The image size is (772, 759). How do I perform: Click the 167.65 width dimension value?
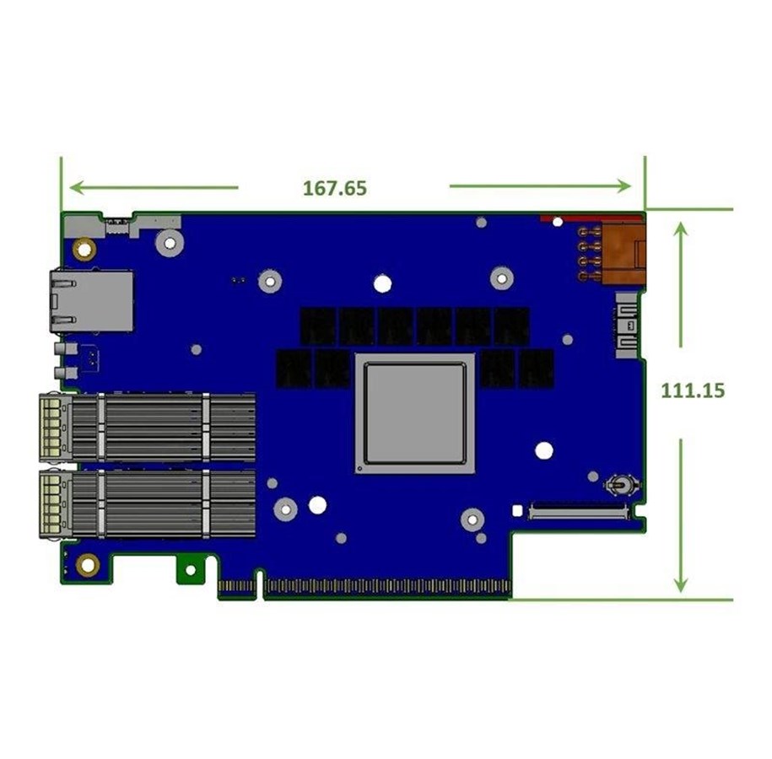(334, 188)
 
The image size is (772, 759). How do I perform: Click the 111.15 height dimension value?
(692, 390)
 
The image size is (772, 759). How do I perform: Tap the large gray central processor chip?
(414, 412)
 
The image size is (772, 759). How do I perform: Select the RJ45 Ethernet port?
(91, 301)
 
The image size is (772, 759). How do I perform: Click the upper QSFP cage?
(147, 427)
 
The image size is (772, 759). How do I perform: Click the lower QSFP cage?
(147, 503)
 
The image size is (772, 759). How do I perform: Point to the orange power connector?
(621, 254)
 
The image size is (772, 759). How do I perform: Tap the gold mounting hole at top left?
(84, 250)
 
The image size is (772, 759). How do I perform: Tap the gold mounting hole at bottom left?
(88, 564)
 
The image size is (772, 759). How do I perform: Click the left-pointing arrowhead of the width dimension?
(76, 187)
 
